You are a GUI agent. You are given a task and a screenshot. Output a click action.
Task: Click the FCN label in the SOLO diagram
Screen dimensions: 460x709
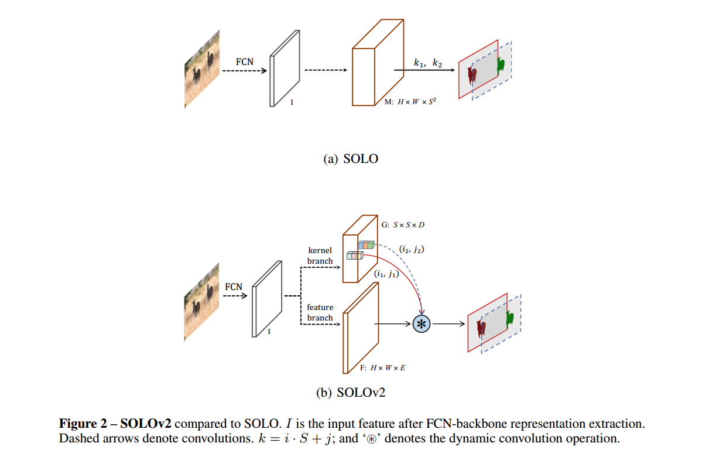(245, 60)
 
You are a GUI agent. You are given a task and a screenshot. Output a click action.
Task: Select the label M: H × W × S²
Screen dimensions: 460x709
(410, 101)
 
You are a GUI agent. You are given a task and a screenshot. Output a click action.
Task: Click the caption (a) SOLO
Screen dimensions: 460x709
(351, 158)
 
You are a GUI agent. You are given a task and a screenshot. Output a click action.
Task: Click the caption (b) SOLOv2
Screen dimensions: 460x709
(351, 393)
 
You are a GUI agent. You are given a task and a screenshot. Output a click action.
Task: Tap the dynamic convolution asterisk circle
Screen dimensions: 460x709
(422, 323)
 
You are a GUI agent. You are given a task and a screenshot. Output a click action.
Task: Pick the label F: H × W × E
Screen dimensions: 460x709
(382, 367)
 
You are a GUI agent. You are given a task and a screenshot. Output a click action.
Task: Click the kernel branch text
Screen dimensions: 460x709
(320, 255)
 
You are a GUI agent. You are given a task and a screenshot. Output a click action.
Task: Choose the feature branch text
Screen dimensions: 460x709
(320, 312)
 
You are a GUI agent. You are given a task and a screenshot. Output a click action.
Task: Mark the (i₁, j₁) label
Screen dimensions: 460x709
(386, 273)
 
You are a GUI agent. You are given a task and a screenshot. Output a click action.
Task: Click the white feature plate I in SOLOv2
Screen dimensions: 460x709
(263, 299)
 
